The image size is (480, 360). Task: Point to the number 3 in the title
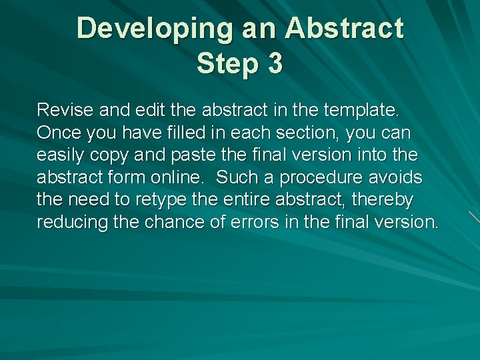274,65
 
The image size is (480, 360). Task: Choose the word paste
198,155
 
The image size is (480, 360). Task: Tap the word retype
155,200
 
